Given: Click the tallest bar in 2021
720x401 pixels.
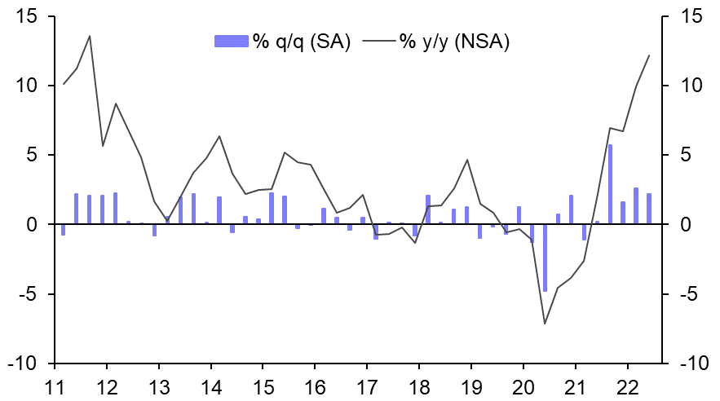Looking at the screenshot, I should pyautogui.click(x=610, y=184).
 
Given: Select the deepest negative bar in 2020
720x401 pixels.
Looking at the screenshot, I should pyautogui.click(x=545, y=258).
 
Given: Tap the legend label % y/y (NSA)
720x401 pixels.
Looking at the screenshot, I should pyautogui.click(x=454, y=42).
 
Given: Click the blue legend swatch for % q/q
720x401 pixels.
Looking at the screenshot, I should pyautogui.click(x=231, y=42).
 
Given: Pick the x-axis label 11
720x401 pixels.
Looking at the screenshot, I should pyautogui.click(x=55, y=386).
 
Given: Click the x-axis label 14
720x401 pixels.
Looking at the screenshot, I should pyautogui.click(x=211, y=386).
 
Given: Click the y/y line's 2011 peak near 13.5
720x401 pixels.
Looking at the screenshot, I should pyautogui.click(x=89, y=36).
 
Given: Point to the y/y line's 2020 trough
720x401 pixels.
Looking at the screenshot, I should pyautogui.click(x=545, y=324).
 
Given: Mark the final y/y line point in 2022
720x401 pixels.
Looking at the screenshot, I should pyautogui.click(x=649, y=55).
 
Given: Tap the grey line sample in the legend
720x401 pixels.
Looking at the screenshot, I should pyautogui.click(x=378, y=42).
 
